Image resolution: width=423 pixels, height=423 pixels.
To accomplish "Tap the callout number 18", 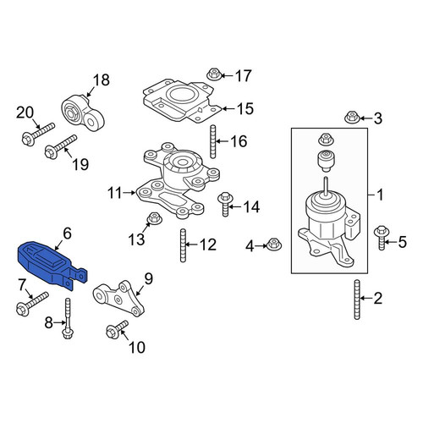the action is point(102,80).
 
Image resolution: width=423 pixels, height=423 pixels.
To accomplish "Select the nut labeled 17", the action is point(213,74).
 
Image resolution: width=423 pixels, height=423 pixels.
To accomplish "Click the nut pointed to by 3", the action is point(352,117).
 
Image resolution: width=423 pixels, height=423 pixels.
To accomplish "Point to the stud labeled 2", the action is point(357,299).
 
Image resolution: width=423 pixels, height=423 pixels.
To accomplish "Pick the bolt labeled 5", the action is point(381,238).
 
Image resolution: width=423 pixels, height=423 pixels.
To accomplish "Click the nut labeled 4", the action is point(273,244).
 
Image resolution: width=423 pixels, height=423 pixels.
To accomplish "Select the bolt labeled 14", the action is point(225,204).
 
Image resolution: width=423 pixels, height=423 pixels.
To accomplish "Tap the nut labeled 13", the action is point(154,219).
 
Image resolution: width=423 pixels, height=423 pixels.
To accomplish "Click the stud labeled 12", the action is point(183,245).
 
